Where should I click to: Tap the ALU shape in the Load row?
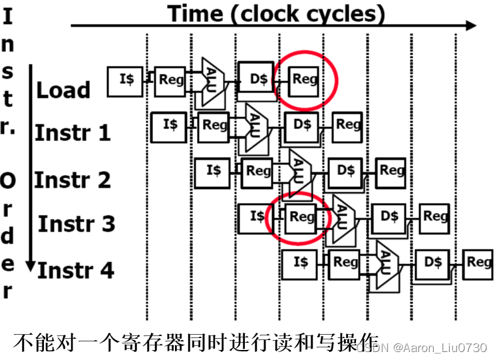(x=212, y=80)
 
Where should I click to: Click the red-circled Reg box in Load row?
(x=305, y=80)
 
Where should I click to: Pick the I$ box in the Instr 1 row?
(x=169, y=125)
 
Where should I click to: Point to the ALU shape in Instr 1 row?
(x=256, y=125)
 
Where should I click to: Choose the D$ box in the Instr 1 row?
(x=301, y=125)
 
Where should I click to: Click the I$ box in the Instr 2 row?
(x=213, y=170)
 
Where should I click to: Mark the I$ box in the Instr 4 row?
(x=300, y=262)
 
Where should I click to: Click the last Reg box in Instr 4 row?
(x=478, y=262)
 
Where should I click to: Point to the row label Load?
(x=63, y=90)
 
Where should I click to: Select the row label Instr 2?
(x=73, y=180)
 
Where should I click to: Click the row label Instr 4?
(x=75, y=270)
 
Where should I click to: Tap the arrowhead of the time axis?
(x=472, y=25)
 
